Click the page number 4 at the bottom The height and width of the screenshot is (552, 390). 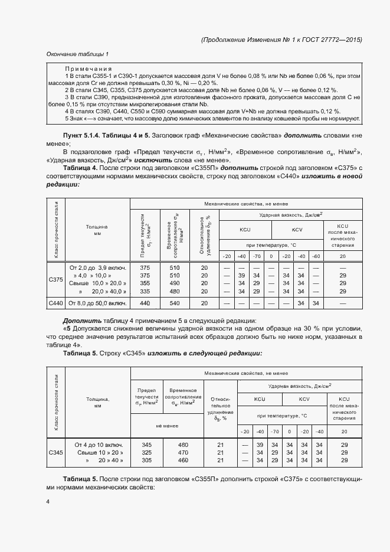point(48,501)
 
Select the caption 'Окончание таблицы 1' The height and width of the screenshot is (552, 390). point(77,55)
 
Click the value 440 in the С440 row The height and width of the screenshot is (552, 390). point(145,303)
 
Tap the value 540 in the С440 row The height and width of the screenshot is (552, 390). point(175,303)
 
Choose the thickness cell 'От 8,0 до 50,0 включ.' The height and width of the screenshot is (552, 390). point(98,303)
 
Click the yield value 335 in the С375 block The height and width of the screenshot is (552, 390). point(145,291)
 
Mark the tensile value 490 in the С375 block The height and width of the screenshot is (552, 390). point(175,283)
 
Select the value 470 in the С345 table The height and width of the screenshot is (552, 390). point(183,452)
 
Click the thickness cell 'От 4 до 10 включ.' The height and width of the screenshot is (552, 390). point(99,444)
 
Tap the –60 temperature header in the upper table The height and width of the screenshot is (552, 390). point(316,256)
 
